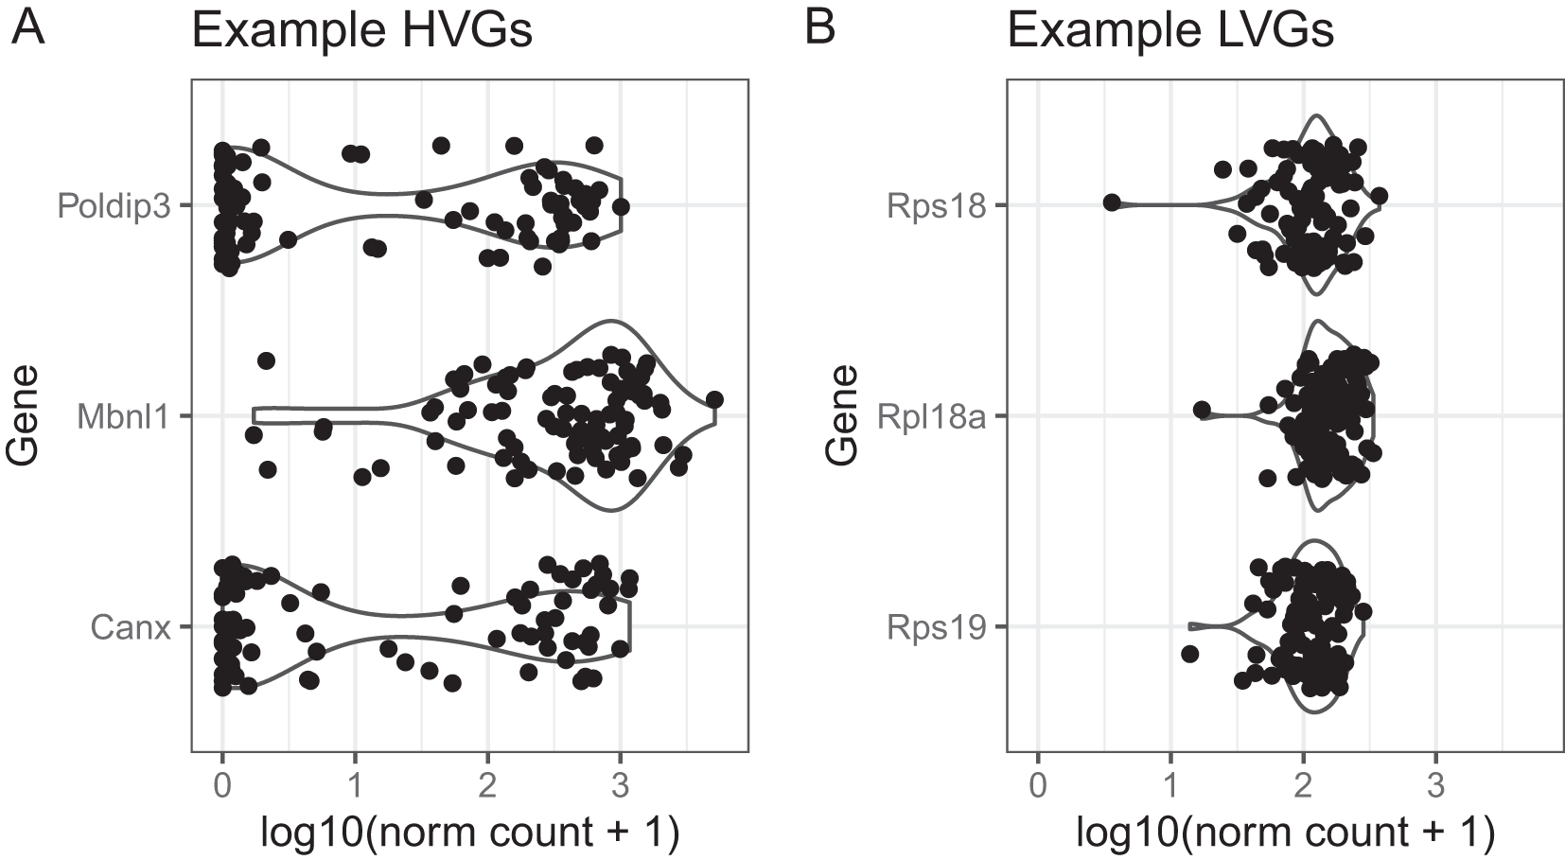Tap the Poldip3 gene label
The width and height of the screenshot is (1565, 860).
pos(114,205)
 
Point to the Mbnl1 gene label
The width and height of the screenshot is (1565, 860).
pos(123,416)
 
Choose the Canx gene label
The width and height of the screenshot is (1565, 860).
pos(131,627)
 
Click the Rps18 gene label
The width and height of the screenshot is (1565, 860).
pos(936,205)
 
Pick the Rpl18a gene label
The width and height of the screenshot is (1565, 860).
pos(930,416)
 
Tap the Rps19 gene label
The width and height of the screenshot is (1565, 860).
pos(936,627)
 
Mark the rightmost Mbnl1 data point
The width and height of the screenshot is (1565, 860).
pos(714,399)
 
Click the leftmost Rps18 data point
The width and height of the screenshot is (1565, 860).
pos(1112,202)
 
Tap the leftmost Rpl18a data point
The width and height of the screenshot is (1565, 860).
pos(1202,410)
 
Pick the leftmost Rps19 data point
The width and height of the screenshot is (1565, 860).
pos(1190,654)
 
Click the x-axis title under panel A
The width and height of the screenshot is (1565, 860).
pos(470,833)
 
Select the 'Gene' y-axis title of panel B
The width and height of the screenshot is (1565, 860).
pos(840,415)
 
